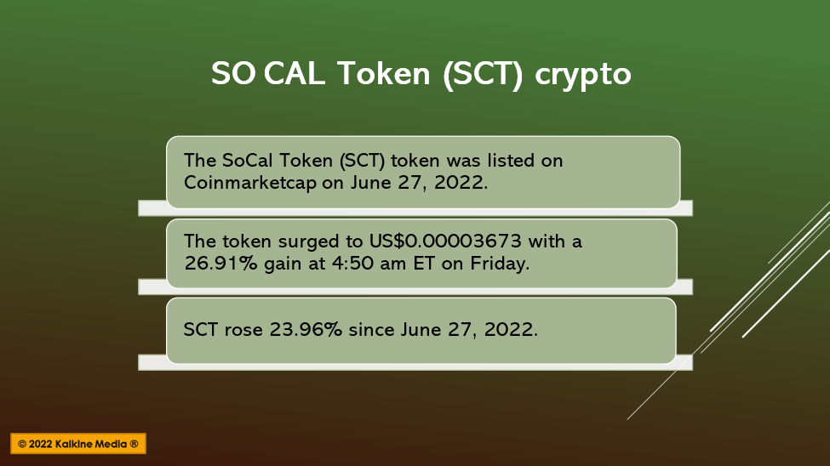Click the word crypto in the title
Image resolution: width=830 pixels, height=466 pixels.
click(x=583, y=75)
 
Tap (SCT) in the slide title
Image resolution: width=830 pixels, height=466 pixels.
click(x=482, y=73)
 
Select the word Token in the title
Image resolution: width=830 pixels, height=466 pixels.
click(x=383, y=73)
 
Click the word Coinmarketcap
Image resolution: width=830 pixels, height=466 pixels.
click(x=249, y=183)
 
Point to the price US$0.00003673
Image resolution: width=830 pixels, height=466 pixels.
click(x=445, y=242)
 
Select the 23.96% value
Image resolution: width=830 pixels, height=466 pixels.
click(x=306, y=330)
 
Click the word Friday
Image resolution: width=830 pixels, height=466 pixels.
click(x=500, y=264)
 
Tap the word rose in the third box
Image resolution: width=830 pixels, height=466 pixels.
click(x=243, y=330)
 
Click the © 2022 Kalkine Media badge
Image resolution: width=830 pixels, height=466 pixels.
click(x=78, y=444)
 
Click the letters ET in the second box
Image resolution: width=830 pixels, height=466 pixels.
click(x=424, y=264)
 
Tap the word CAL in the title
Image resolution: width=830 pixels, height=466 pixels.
click(x=295, y=73)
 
